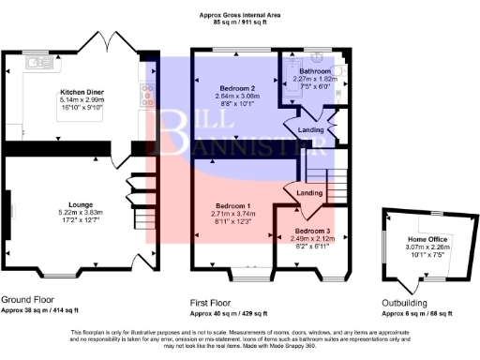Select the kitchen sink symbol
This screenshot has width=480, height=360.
click(x=38, y=63)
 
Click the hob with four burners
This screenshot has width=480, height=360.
click(x=148, y=93)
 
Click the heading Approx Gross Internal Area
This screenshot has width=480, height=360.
click(x=240, y=14)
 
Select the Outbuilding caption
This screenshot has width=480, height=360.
click(x=406, y=303)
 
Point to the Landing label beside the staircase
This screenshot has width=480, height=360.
click(x=310, y=194)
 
